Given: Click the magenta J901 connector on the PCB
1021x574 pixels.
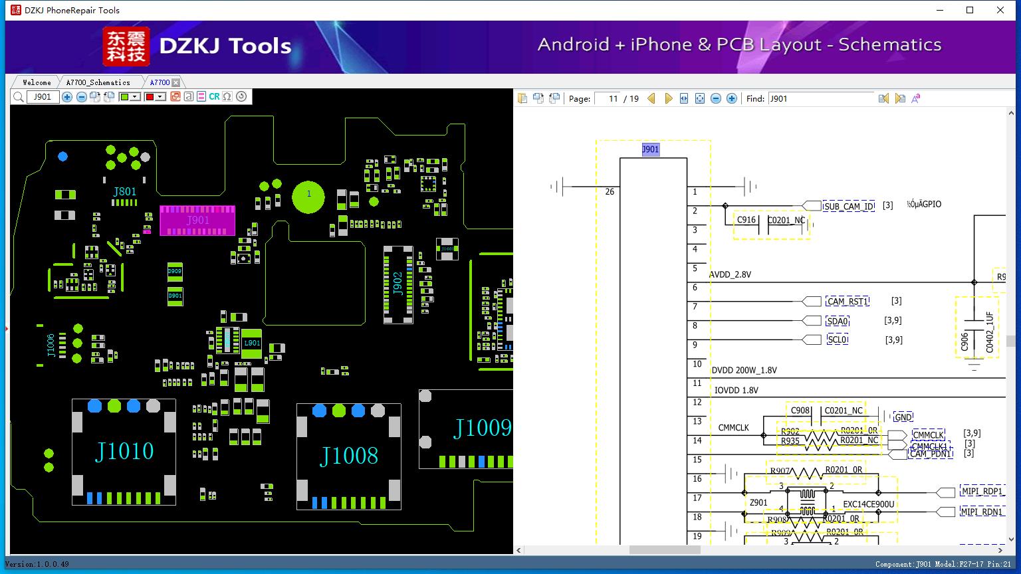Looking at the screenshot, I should [x=197, y=221].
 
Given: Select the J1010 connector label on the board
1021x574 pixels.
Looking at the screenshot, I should [x=124, y=451].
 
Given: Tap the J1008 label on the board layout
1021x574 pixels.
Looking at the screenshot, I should [x=349, y=456].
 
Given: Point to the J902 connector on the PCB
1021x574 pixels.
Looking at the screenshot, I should [x=398, y=284].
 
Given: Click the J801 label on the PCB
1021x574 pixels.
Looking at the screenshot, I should [x=124, y=192].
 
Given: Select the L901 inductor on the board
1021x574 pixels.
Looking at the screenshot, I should [x=252, y=343].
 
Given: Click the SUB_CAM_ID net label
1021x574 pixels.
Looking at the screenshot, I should [x=849, y=207].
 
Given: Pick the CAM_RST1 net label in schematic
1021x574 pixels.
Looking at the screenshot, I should [x=848, y=302].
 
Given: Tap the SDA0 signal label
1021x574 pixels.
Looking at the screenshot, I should [x=838, y=322].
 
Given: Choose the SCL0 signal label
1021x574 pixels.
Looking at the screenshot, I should [x=838, y=339].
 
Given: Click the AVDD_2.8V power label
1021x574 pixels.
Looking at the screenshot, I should [x=730, y=274].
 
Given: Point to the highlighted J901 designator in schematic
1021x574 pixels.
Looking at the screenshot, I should [x=650, y=149].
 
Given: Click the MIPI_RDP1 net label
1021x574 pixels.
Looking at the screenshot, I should [x=982, y=492].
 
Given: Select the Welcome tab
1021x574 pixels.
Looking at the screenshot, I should [x=37, y=82].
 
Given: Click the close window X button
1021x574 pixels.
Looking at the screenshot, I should [x=1000, y=10].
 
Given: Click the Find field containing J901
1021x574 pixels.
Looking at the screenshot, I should [x=820, y=98].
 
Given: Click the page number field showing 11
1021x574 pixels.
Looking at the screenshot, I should [x=608, y=98].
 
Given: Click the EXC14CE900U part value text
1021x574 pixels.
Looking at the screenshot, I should [x=868, y=504].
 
